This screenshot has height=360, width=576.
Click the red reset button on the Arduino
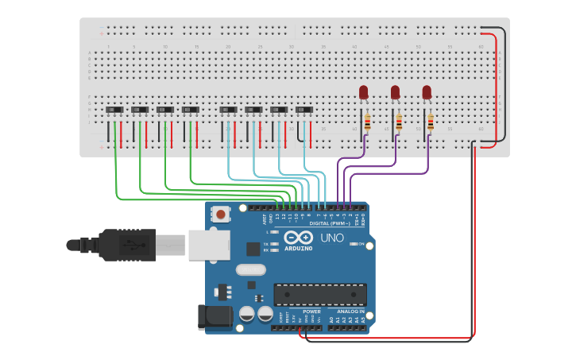pos(220,213)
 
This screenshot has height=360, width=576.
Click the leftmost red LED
pos(364,92)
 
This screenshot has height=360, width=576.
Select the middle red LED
pos(395,92)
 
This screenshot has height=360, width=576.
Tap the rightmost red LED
pos(427,92)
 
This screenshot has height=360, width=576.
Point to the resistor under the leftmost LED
pos(366,122)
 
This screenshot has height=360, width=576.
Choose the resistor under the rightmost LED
pos(430,122)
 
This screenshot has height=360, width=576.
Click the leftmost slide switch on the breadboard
pos(115,110)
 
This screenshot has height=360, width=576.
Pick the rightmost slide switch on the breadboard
pos(304,110)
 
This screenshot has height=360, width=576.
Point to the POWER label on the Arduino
pos(311,311)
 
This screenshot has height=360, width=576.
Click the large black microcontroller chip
pos(320,294)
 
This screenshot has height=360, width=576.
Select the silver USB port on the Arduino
pos(209,245)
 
